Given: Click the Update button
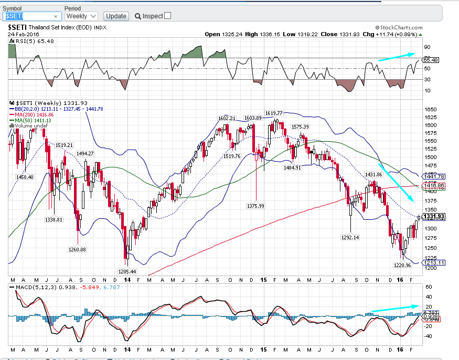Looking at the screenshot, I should click(x=116, y=16).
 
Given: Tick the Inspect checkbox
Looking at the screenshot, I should click(x=168, y=16).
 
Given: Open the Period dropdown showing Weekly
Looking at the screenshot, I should click(x=81, y=16).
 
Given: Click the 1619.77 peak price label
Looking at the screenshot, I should click(x=274, y=113).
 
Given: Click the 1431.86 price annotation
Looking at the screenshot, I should click(x=373, y=174).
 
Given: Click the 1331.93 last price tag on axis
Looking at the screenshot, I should click(x=434, y=216).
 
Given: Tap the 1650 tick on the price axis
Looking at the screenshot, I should click(x=431, y=110).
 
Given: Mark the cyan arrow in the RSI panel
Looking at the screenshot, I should click(x=396, y=57).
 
